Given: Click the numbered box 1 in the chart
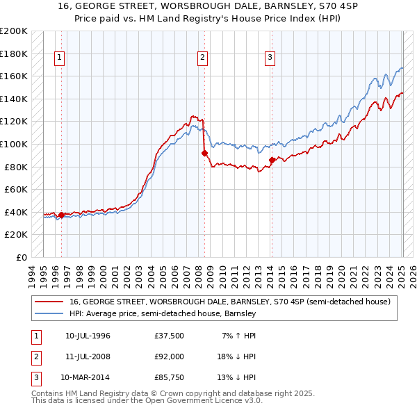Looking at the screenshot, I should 60,58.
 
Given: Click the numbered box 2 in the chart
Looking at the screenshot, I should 202,58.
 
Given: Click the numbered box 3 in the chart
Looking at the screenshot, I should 270,58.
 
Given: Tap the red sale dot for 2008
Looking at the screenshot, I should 204,154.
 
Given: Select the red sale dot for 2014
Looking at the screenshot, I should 272,161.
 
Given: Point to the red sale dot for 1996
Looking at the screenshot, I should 61,215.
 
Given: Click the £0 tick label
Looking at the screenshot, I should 19,257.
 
